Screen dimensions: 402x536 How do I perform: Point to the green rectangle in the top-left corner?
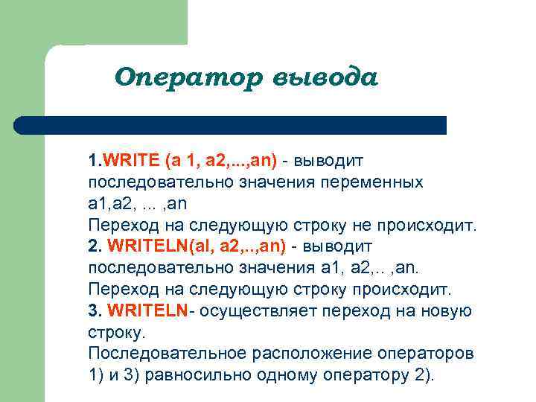point(93,22)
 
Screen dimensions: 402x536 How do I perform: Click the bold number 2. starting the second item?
point(95,246)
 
